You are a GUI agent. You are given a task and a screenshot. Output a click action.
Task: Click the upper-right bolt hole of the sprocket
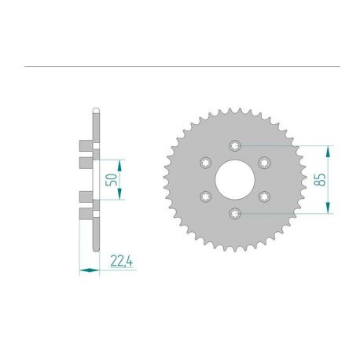tap(264, 162)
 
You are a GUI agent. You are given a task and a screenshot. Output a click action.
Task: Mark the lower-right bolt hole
tap(264, 197)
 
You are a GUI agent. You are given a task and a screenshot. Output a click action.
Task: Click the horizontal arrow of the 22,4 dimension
tap(90, 271)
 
